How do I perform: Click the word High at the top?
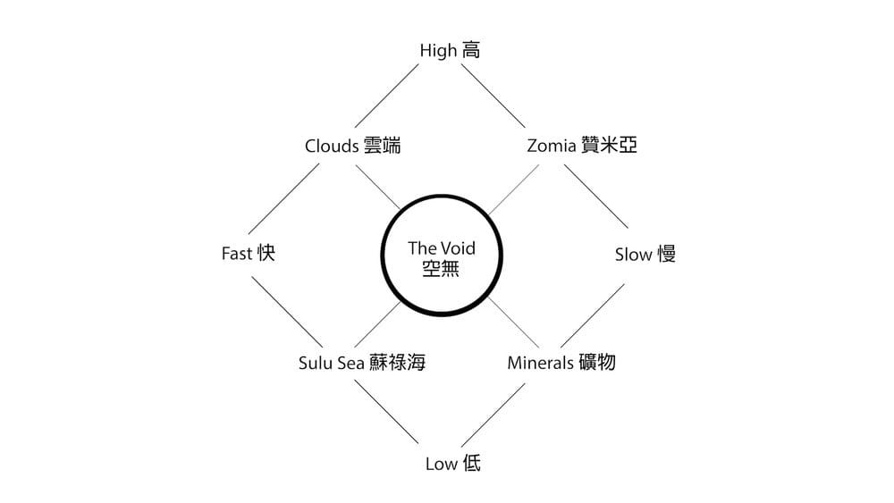[439, 51]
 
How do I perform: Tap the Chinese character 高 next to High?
[471, 51]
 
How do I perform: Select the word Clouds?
[332, 146]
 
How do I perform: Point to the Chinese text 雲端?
[382, 146]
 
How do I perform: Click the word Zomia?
[551, 146]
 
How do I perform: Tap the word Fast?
[237, 254]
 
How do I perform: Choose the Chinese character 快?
[266, 254]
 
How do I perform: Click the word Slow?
[634, 255]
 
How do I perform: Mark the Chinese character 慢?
[666, 255]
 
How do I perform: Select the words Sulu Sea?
[332, 363]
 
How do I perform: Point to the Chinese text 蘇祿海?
[397, 363]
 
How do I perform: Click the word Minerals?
[540, 363]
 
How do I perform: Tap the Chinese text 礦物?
[596, 363]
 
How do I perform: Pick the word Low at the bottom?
[441, 464]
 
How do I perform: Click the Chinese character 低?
[472, 464]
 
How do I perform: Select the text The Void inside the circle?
[442, 248]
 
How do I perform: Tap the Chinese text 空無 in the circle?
[442, 268]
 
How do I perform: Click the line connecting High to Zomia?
[493, 96]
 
